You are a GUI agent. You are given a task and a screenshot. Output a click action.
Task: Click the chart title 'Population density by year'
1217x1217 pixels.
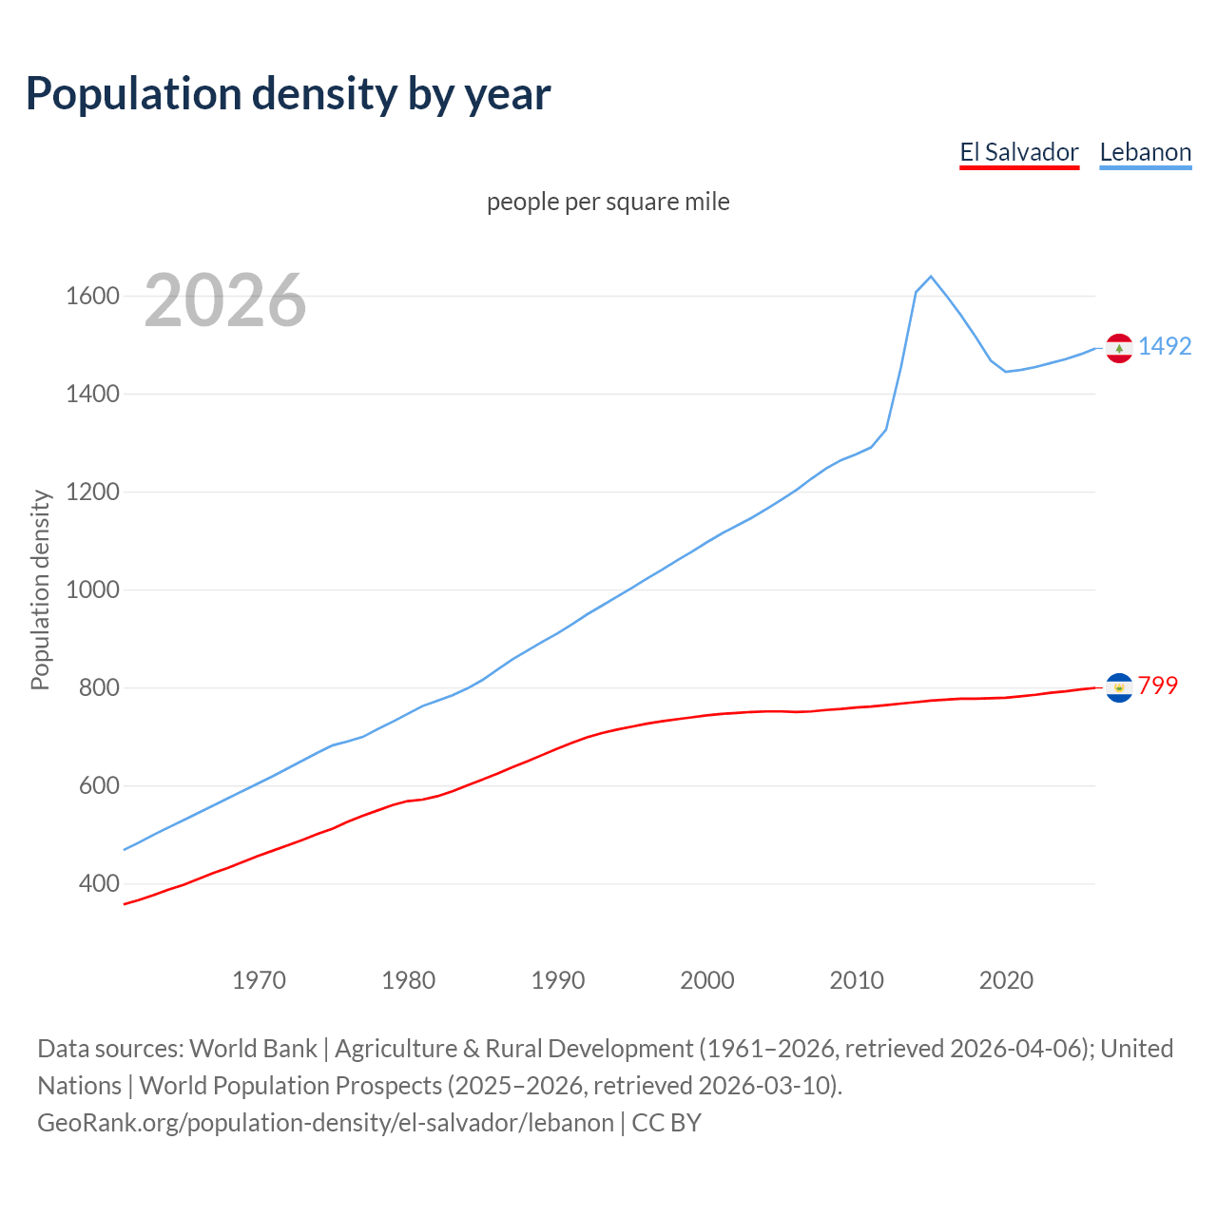tap(288, 93)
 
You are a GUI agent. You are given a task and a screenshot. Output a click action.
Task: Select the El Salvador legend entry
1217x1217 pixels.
tap(1018, 152)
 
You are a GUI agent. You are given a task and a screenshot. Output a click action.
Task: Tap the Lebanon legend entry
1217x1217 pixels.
tap(1145, 152)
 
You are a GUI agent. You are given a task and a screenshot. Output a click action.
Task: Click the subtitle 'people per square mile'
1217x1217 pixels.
tap(608, 202)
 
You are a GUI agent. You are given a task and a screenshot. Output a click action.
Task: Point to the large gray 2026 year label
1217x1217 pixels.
tap(225, 300)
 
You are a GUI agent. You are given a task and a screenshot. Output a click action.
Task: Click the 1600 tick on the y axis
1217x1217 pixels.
tap(92, 296)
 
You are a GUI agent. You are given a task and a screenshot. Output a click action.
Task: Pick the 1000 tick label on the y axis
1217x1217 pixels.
tap(92, 589)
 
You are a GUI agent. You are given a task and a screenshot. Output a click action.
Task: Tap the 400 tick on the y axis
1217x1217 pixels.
tap(99, 883)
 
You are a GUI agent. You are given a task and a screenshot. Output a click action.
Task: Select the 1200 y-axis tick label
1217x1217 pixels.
tap(92, 492)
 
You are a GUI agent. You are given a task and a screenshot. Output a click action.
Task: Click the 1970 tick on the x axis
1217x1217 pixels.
tap(259, 980)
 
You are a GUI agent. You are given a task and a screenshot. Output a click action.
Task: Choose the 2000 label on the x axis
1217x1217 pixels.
tap(707, 980)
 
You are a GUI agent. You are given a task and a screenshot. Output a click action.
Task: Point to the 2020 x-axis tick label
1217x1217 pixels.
tap(1006, 980)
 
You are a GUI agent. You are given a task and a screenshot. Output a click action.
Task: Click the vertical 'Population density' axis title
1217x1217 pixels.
tap(40, 589)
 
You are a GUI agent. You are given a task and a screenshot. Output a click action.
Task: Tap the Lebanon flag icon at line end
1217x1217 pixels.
tap(1119, 348)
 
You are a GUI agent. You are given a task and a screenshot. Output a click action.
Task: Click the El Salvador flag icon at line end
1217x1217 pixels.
tap(1119, 686)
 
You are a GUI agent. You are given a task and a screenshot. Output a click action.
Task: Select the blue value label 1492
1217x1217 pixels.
tap(1165, 346)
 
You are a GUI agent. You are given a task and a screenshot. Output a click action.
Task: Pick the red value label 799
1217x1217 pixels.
tap(1158, 686)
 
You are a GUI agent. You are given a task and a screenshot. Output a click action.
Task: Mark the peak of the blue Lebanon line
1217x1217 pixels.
tap(931, 277)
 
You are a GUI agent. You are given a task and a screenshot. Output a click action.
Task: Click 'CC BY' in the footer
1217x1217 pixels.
tap(666, 1122)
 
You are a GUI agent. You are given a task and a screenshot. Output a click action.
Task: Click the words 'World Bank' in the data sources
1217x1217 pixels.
tap(253, 1048)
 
